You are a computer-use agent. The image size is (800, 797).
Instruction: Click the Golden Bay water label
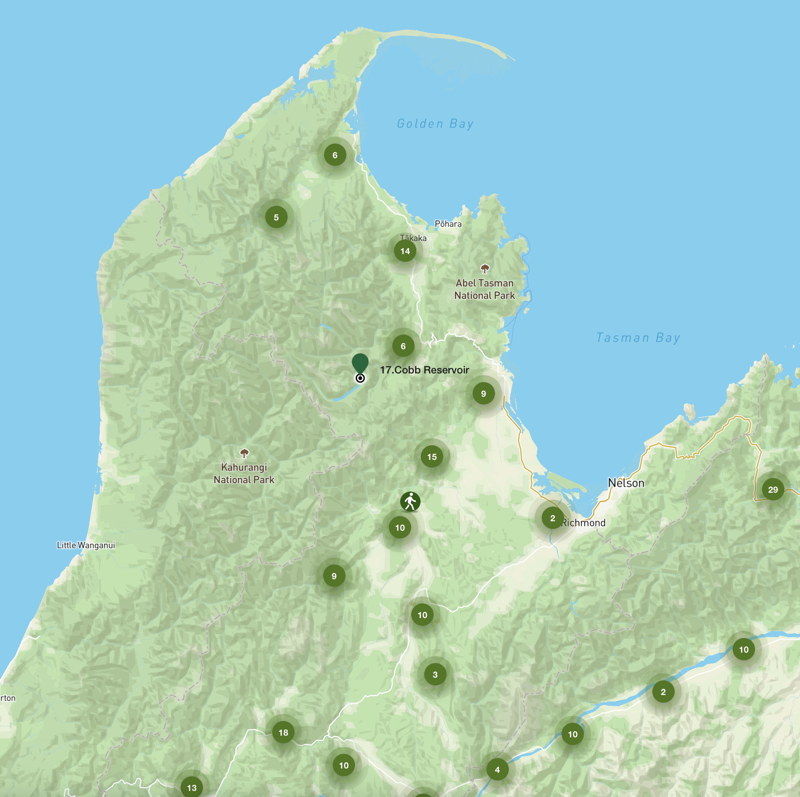tap(435, 124)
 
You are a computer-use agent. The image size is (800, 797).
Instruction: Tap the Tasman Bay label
tap(638, 338)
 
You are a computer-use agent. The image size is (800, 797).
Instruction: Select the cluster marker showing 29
tap(773, 490)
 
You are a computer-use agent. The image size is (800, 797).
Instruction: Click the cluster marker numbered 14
tap(405, 251)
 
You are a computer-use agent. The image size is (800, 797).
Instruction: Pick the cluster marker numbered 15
tap(432, 457)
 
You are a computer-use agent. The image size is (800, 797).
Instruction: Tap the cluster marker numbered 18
tap(283, 733)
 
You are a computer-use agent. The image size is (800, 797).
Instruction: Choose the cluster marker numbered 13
tap(192, 787)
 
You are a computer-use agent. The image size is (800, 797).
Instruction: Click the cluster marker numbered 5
tap(276, 217)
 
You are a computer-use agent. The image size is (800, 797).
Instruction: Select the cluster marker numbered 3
tap(435, 675)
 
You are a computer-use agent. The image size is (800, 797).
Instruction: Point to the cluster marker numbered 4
tap(497, 770)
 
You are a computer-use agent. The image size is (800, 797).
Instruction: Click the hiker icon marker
tap(410, 502)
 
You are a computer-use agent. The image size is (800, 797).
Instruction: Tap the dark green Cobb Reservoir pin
tap(360, 363)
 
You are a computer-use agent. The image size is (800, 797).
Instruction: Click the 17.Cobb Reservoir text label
tap(424, 370)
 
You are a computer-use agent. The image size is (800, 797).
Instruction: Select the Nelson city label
tap(626, 483)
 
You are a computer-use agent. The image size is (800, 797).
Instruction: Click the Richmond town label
tap(584, 523)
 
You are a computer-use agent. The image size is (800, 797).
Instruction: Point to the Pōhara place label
tap(448, 224)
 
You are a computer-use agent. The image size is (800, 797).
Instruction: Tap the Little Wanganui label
tap(86, 545)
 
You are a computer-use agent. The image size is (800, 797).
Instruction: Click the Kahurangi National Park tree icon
tap(244, 453)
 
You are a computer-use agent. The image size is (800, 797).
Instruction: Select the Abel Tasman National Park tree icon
tap(485, 269)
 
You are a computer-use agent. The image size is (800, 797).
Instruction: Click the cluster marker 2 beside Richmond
tap(552, 518)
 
